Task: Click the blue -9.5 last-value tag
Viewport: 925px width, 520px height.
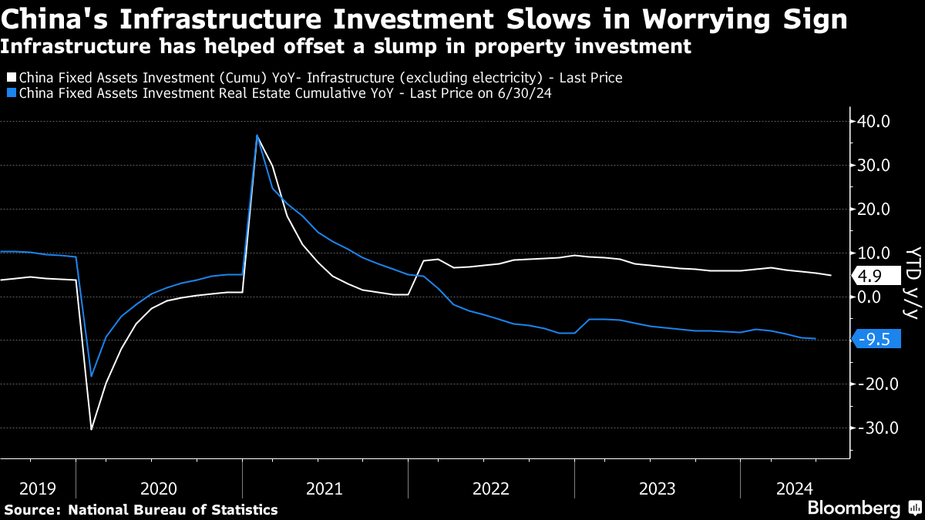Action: coord(876,338)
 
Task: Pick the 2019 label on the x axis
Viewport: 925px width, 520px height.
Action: coord(38,488)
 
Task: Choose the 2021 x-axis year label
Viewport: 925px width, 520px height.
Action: coord(325,488)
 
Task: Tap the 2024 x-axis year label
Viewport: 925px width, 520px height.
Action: coord(795,488)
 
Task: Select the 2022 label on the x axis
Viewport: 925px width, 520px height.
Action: coord(491,488)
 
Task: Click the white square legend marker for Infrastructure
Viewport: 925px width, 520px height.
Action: coord(10,78)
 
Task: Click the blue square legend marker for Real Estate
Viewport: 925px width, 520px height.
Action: coord(10,93)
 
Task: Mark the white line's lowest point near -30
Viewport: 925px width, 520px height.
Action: coord(91,429)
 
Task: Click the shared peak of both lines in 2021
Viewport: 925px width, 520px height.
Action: coord(257,136)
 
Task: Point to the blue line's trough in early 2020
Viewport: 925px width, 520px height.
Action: coord(91,376)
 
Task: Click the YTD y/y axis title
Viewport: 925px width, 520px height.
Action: coord(913,282)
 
